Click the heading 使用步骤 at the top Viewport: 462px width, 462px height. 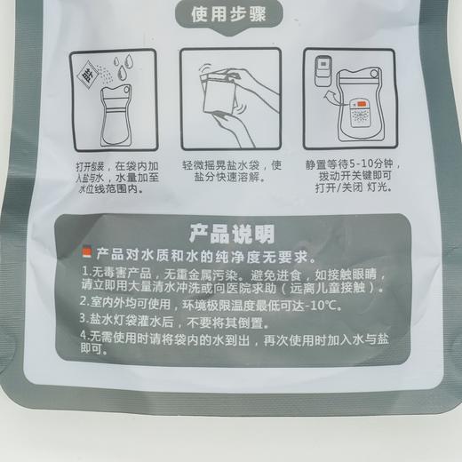pyautogui.click(x=230, y=15)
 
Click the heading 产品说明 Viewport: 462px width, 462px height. pyautogui.click(x=230, y=235)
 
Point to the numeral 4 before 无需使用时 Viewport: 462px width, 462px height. pyautogui.click(x=84, y=338)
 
